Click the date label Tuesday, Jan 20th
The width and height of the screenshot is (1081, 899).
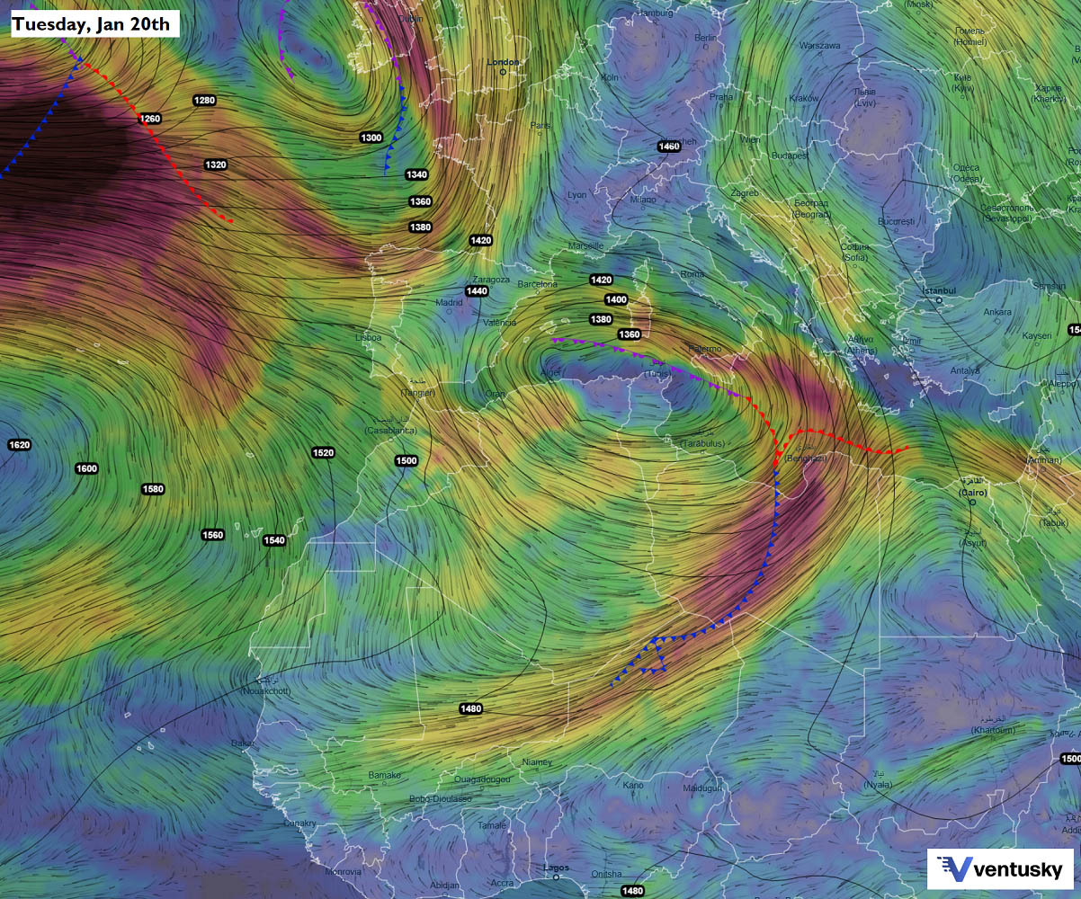[94, 23]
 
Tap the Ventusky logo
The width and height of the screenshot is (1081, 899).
[1000, 868]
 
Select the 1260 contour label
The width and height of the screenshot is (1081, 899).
[150, 119]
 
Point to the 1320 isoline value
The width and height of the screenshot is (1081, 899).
[215, 165]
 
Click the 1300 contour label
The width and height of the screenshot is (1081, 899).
[371, 138]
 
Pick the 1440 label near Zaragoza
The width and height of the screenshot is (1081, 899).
[477, 291]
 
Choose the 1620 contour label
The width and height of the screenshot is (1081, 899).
[19, 445]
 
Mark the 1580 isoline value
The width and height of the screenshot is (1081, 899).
[153, 489]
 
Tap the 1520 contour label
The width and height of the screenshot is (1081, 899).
[323, 453]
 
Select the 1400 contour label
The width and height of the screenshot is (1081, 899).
[616, 299]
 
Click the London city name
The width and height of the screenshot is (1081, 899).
[503, 62]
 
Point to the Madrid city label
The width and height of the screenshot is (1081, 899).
[449, 303]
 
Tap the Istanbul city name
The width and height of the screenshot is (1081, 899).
[938, 291]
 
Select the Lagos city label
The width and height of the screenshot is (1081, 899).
[556, 868]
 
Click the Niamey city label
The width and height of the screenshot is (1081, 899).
[537, 762]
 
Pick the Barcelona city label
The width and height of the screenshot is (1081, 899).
[537, 285]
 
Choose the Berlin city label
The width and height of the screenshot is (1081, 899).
[706, 38]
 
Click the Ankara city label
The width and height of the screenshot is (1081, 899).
[996, 312]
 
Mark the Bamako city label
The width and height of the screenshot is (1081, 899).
[384, 775]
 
